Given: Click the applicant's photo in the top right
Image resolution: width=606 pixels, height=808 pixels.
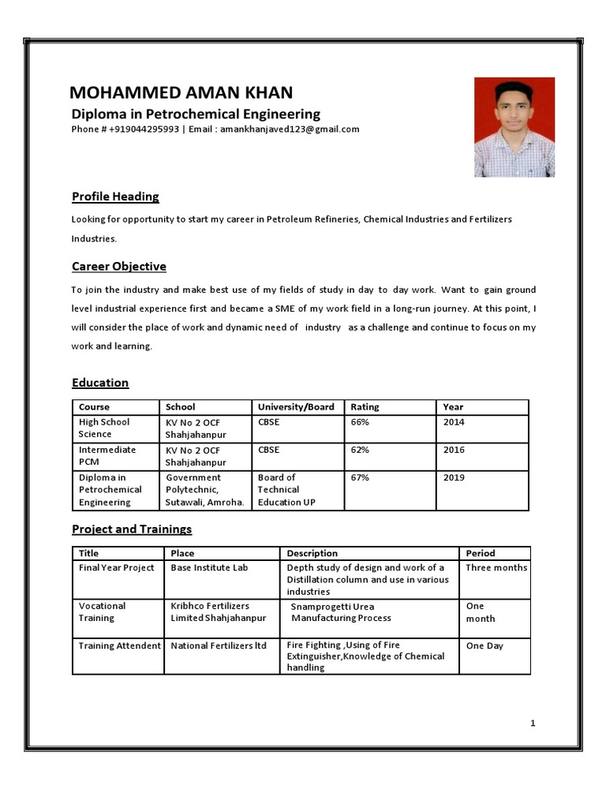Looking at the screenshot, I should [514, 127].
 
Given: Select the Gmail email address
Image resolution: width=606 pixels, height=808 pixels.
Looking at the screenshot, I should [290, 129].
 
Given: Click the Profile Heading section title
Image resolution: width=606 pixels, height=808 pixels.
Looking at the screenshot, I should [115, 196].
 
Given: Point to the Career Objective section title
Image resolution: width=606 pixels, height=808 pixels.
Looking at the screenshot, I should [118, 267].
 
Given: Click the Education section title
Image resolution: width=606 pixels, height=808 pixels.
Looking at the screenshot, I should [100, 383].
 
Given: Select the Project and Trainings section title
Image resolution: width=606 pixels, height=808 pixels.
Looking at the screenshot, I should [132, 529].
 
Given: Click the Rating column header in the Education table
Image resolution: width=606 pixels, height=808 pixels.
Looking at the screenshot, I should [365, 407].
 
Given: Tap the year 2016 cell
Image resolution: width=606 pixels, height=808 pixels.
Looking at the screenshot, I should [454, 450].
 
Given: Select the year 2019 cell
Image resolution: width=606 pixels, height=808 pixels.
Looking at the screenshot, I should [454, 477].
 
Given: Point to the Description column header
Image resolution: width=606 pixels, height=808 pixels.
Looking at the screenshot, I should [312, 553].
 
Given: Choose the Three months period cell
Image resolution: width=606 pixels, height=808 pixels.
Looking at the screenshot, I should [496, 567].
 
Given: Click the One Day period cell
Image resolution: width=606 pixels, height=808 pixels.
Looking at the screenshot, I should [484, 645].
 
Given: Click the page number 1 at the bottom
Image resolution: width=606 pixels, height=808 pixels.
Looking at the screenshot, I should [533, 723].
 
